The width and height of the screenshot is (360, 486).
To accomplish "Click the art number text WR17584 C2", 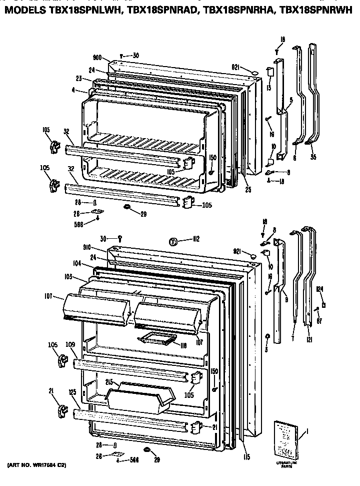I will click(x=37, y=466).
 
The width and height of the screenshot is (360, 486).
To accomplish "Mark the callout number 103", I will click(x=69, y=276).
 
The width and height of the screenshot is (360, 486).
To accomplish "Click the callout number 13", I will click(x=268, y=87).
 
